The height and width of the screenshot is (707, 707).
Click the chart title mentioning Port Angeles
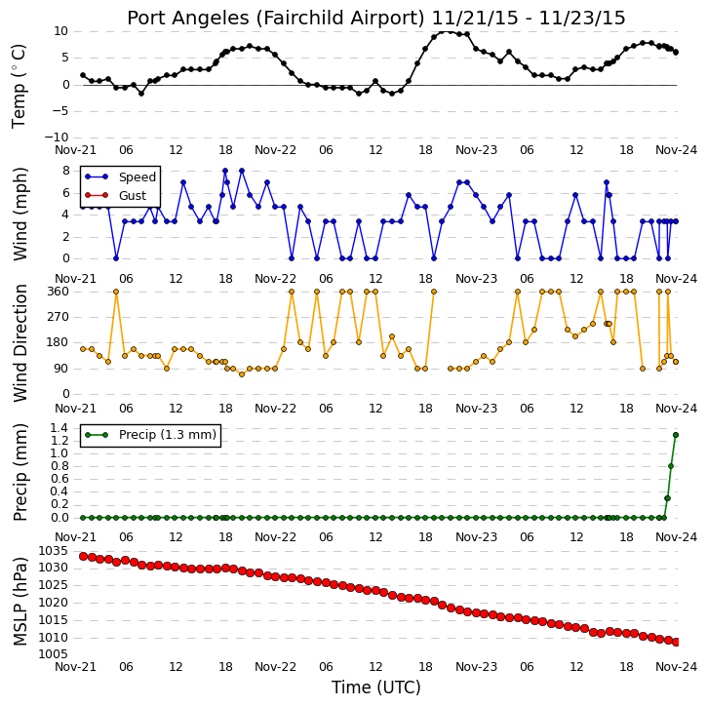(376, 18)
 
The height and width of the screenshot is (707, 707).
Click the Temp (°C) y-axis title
(19, 86)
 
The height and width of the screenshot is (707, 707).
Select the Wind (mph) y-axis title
(20, 214)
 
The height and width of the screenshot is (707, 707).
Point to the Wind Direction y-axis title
(20, 342)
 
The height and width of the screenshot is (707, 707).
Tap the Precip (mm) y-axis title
(20, 472)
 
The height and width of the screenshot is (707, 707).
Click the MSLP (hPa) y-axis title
(20, 601)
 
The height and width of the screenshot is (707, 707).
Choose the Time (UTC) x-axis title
(376, 687)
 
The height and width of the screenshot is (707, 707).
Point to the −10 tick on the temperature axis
(56, 137)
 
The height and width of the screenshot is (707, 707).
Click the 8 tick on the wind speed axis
(66, 171)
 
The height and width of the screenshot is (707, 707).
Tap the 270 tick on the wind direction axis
(59, 317)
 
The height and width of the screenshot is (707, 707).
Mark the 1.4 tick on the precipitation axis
(59, 428)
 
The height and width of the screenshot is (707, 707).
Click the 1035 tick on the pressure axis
(54, 551)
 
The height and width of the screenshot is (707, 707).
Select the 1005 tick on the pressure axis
(54, 654)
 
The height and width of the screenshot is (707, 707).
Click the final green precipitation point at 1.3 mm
(676, 435)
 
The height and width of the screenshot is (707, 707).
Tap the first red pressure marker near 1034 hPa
(83, 557)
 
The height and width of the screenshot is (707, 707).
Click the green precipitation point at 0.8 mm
(671, 466)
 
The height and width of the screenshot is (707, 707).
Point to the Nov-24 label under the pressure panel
(676, 667)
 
